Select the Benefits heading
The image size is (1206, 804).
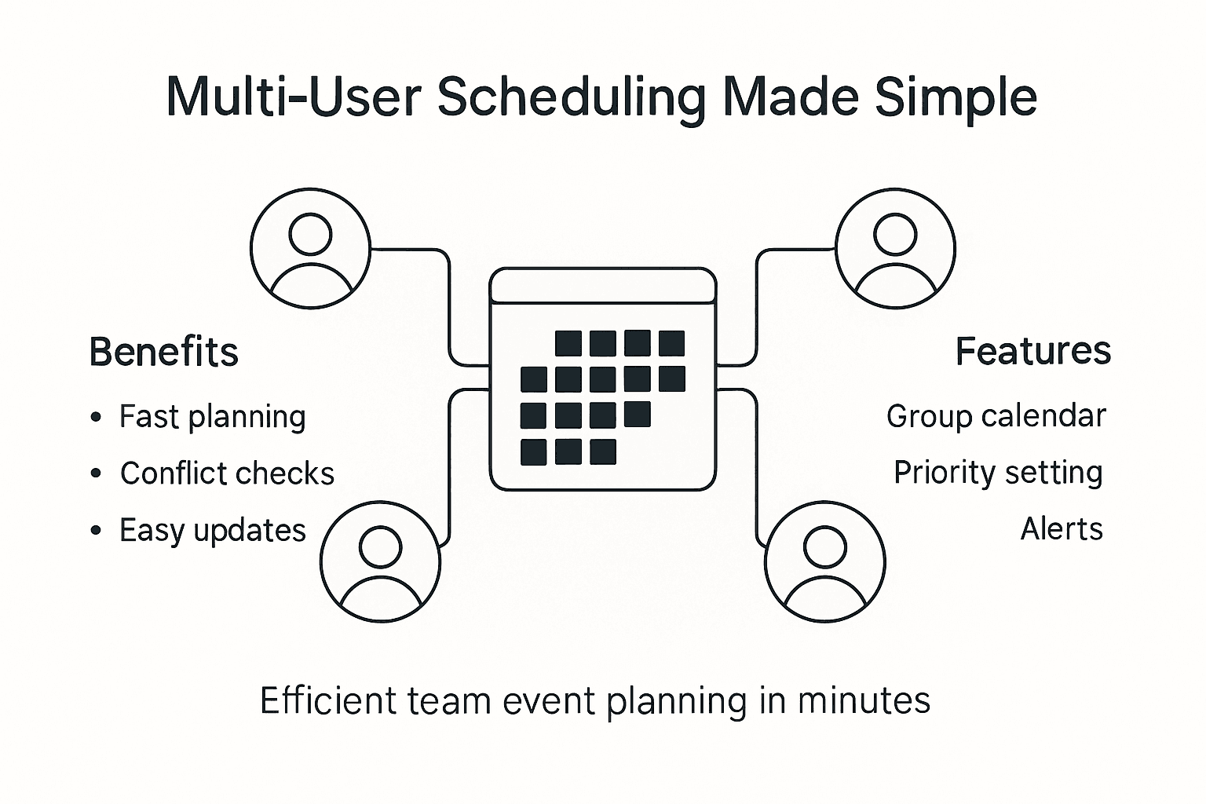click(164, 352)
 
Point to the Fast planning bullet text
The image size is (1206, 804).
click(212, 417)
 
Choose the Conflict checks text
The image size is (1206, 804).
click(227, 473)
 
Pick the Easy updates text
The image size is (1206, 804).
click(212, 531)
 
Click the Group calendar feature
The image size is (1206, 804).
click(996, 416)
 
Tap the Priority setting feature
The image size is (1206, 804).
click(998, 473)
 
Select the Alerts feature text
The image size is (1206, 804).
click(1062, 529)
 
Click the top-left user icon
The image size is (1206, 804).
click(310, 247)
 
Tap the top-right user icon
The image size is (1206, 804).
click(896, 249)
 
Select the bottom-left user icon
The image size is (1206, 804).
click(381, 562)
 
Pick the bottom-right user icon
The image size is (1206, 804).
click(825, 562)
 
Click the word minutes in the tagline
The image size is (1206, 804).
click(864, 700)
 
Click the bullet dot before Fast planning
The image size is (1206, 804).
click(96, 417)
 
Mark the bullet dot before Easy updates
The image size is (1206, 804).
click(96, 531)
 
